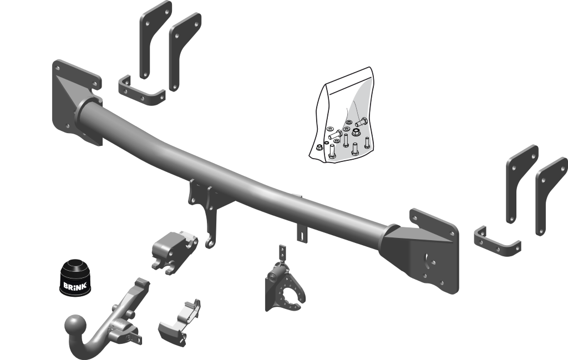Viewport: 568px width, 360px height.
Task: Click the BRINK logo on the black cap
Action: pyautogui.click(x=75, y=286)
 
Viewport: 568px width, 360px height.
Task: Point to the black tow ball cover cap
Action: pyautogui.click(x=75, y=277)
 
